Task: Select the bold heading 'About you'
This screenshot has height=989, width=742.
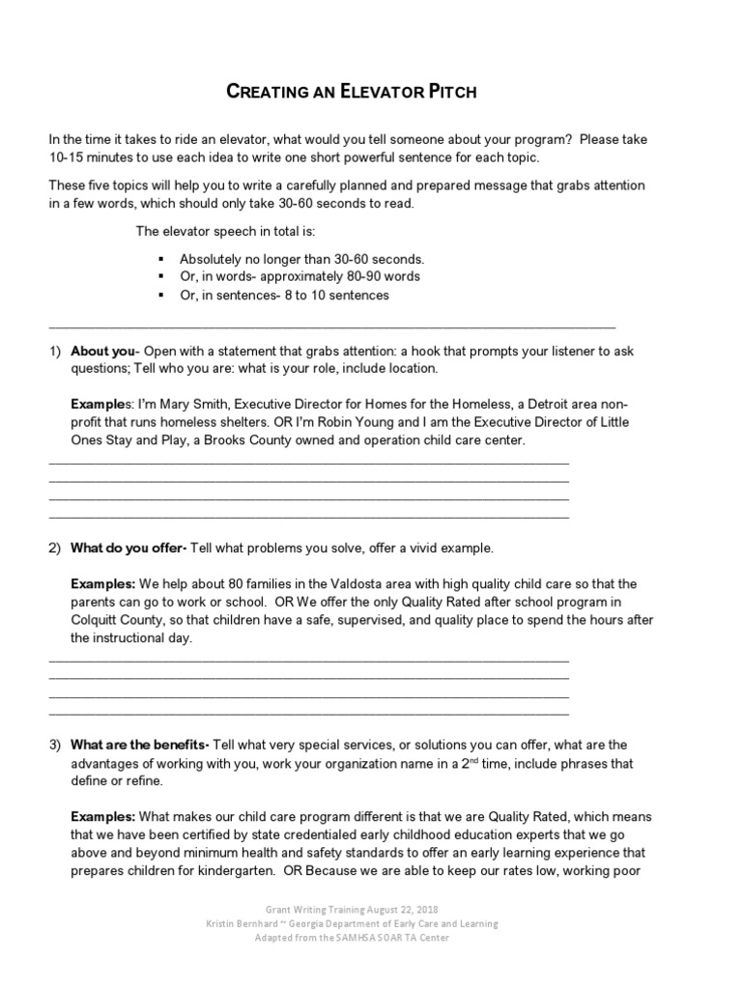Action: coord(104,352)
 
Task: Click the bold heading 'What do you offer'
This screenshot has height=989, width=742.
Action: coord(128,549)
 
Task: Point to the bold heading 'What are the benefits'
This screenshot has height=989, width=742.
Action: coord(139,745)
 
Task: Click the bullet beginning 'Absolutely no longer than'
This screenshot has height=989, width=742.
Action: coord(302,260)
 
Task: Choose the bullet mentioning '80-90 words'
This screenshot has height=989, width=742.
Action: coord(300,277)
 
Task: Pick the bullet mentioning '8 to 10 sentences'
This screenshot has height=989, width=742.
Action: coord(284,296)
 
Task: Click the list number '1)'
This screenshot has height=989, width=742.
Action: coord(55,352)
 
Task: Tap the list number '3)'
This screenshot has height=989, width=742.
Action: coord(55,745)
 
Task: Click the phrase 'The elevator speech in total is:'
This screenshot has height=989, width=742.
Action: coord(225,232)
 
